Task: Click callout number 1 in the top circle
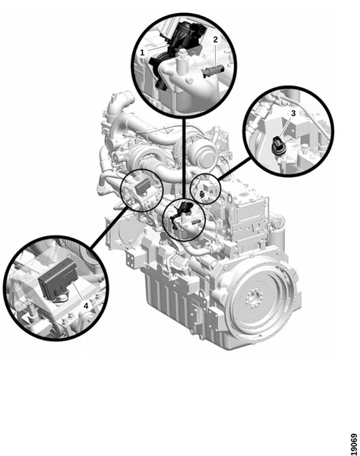(x=142, y=52)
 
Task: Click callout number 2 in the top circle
(x=215, y=40)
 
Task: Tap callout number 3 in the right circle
(x=293, y=113)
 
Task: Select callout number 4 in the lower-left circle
(x=86, y=306)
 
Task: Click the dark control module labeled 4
(x=58, y=279)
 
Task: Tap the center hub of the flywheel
(x=253, y=299)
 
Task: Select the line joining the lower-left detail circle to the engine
(x=109, y=227)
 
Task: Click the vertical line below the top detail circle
(x=184, y=159)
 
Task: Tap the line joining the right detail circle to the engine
(x=235, y=169)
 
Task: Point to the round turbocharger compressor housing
(x=204, y=154)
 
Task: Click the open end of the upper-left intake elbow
(x=127, y=97)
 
